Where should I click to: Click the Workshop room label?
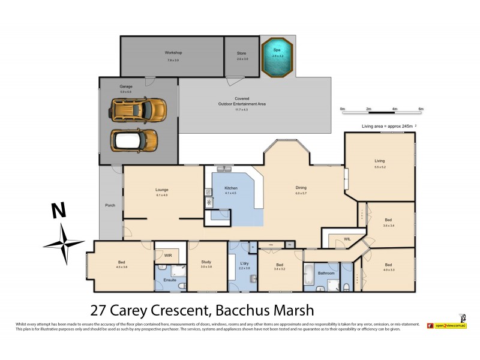coord(173,53)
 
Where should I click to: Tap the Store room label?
coord(241,53)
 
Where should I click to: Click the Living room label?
coord(379,161)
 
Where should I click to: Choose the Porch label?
coord(110,205)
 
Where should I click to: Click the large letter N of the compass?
coord(58,211)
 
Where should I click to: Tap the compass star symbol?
coord(63,244)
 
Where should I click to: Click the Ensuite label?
coord(170,280)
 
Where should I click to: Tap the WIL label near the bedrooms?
coord(347,239)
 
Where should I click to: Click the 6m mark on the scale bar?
coord(421,109)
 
